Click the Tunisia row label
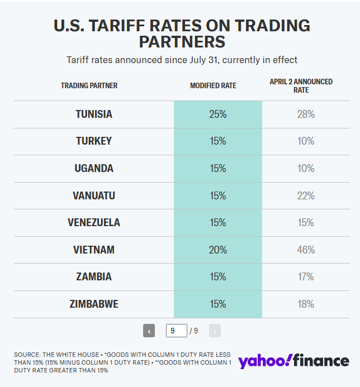[x=94, y=114]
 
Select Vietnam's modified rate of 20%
[x=217, y=250]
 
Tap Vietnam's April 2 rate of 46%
[x=306, y=250]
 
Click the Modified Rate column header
[x=213, y=86]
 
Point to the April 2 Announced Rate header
[x=301, y=85]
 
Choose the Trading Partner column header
[x=89, y=86]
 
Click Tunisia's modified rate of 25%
[x=217, y=114]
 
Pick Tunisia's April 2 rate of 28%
[x=306, y=114]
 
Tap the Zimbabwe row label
[x=94, y=304]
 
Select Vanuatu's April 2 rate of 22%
[x=306, y=195]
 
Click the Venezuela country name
[x=94, y=222]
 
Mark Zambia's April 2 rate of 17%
[x=306, y=277]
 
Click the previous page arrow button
[x=149, y=331]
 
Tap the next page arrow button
[x=215, y=331]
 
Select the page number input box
[x=176, y=331]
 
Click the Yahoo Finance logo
[x=293, y=361]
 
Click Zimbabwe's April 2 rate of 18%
[x=306, y=304]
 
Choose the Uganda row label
[x=94, y=168]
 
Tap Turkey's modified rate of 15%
[x=217, y=141]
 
